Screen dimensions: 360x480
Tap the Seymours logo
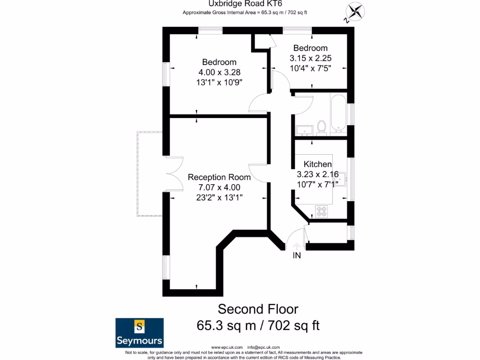140,333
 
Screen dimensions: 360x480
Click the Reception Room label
219,177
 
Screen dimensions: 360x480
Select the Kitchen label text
318,164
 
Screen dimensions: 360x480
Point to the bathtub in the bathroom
337,114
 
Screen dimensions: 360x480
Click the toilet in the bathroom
322,127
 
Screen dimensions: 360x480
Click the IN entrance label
297,256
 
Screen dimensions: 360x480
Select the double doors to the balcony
173,173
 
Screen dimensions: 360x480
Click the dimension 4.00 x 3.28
219,72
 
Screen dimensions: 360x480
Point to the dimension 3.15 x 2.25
310,58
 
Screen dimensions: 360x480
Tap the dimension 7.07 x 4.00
219,187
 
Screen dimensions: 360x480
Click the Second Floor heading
258,309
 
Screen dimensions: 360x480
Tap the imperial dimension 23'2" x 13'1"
219,197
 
